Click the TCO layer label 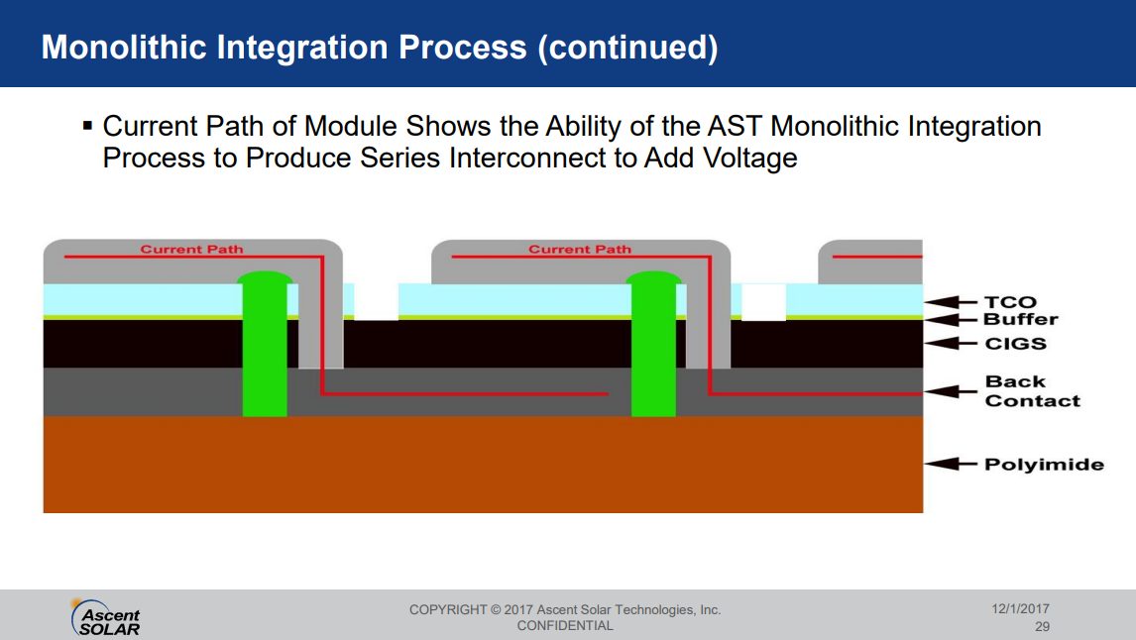pyautogui.click(x=1009, y=302)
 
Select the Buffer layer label pyautogui.click(x=1020, y=319)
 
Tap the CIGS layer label pyautogui.click(x=1016, y=344)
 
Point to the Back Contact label pyautogui.click(x=1032, y=391)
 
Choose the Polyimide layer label pyautogui.click(x=1044, y=464)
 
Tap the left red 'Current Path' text pyautogui.click(x=191, y=249)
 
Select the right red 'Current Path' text pyautogui.click(x=580, y=249)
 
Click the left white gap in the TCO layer pyautogui.click(x=376, y=301)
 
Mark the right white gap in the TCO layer pyautogui.click(x=763, y=301)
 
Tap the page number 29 pyautogui.click(x=1042, y=627)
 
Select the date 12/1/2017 pyautogui.click(x=1020, y=609)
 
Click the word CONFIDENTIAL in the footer pyautogui.click(x=565, y=626)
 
